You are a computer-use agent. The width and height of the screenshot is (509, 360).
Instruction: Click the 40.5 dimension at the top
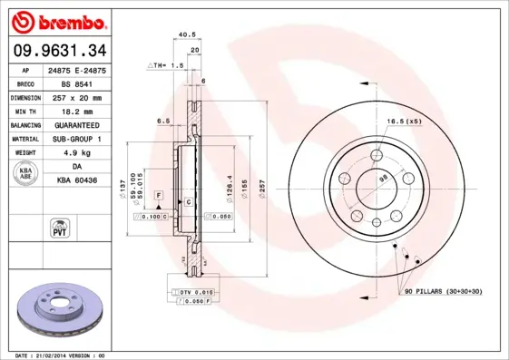click(x=188, y=35)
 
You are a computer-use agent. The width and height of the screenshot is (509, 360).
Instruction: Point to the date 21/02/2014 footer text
click(x=56, y=355)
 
